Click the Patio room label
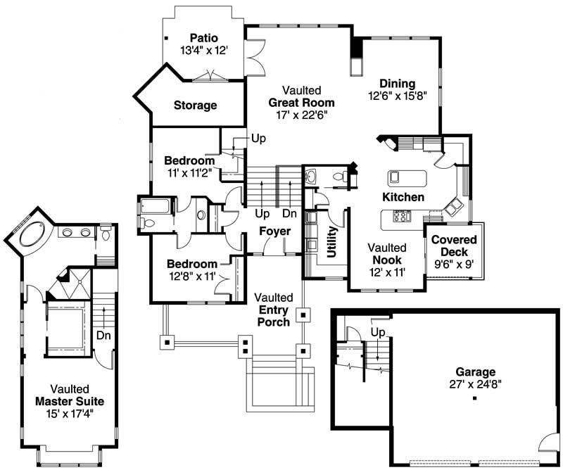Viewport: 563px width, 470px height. [x=204, y=37]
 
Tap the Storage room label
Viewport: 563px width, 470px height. [x=195, y=106]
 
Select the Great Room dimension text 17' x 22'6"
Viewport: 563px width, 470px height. [x=303, y=115]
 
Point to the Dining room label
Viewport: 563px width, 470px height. [x=397, y=84]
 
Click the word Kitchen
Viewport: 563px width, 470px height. [x=403, y=197]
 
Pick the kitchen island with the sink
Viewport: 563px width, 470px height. [x=407, y=176]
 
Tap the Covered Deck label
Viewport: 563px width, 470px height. [x=454, y=246]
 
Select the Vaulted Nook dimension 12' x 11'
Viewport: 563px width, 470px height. [x=387, y=272]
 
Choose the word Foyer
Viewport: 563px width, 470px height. [x=274, y=231]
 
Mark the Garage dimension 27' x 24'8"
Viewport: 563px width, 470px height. [x=475, y=384]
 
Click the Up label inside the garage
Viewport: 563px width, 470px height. [x=378, y=331]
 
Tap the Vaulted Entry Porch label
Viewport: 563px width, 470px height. [x=274, y=310]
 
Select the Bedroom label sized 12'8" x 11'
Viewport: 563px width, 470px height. [x=192, y=264]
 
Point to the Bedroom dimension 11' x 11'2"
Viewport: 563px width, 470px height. [x=189, y=172]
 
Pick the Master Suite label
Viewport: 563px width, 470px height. [x=69, y=401]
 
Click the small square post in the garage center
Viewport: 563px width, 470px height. [x=475, y=399]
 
